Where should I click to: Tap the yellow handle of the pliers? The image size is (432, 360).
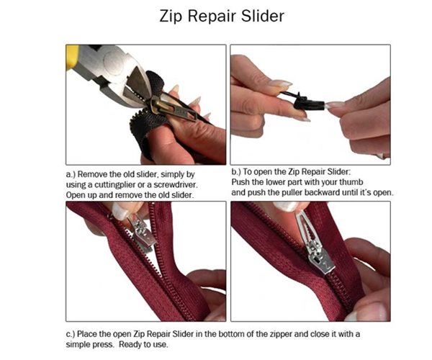click(73, 56)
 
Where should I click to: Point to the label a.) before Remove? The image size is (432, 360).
click(70, 175)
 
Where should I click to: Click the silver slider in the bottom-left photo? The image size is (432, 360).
click(141, 235)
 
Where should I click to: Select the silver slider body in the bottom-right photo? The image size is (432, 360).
click(318, 256)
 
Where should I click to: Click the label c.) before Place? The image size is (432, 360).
click(70, 333)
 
